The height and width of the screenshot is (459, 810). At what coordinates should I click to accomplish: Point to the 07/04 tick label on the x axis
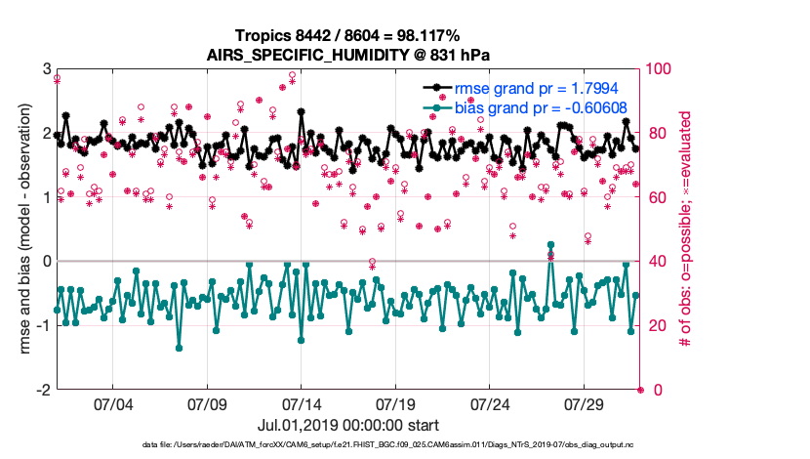[x=112, y=404]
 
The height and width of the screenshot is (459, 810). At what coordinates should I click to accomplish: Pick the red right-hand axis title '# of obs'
[x=687, y=229]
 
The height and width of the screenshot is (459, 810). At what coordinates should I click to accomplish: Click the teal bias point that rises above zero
[x=551, y=245]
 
